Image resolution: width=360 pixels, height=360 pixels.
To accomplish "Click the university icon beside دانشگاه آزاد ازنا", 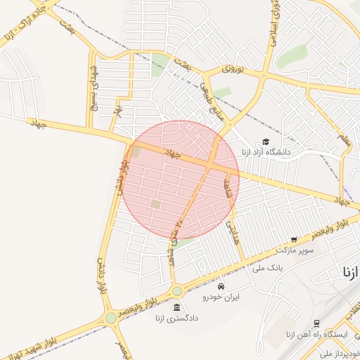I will [265, 141].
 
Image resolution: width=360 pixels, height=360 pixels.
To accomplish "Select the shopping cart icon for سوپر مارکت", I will [294, 240].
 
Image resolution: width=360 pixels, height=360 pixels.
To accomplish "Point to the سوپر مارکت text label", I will [292, 250].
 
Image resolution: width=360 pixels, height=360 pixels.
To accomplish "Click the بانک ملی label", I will [285, 267].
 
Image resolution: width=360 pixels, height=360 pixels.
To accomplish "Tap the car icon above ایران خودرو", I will [221, 287].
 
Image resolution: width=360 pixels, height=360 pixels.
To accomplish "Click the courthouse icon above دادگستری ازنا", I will [176, 307].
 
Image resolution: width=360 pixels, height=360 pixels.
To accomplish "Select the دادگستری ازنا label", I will [176, 318].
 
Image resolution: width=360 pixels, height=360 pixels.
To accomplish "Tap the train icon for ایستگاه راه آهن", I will [316, 323].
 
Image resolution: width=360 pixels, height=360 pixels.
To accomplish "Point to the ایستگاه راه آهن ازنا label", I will [314, 334].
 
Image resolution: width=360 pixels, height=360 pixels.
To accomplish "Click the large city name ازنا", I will [351, 271].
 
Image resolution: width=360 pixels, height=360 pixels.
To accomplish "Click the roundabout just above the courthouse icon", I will [176, 290].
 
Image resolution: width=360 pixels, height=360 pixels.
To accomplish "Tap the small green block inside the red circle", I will [155, 204].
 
